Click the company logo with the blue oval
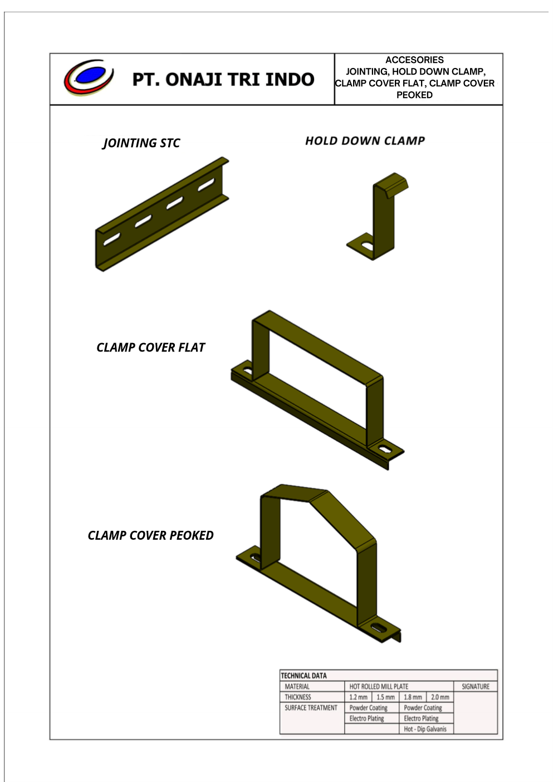(89, 77)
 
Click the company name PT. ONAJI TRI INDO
(223, 80)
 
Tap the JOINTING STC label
(141, 143)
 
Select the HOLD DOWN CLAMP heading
(365, 141)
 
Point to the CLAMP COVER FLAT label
(150, 348)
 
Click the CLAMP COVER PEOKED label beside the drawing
(150, 535)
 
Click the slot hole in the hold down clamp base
(367, 246)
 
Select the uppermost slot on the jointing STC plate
(206, 185)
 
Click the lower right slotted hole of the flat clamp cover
(385, 448)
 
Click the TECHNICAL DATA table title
(304, 676)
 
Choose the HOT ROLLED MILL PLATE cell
(379, 686)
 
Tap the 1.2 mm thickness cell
(359, 697)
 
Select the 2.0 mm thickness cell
(440, 697)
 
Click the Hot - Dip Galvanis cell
(425, 729)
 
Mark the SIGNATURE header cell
(476, 686)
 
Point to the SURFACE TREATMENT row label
(311, 707)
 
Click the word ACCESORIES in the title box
(414, 60)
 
